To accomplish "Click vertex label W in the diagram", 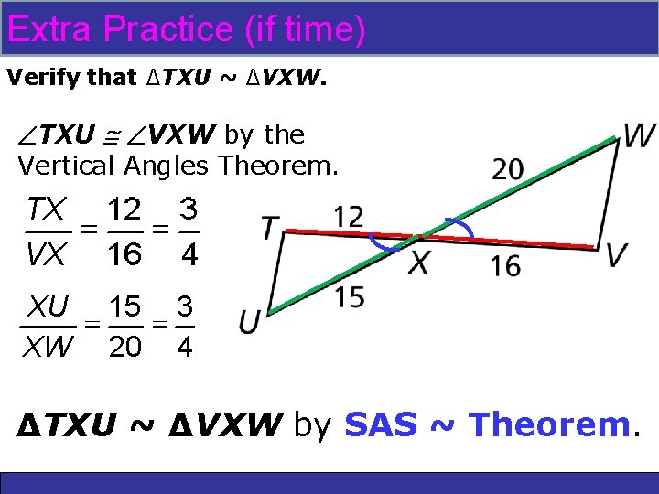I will pos(639,136).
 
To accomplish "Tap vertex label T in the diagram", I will pos(270,227).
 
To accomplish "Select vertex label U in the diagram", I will pos(249,321).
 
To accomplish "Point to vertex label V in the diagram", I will pos(618,255).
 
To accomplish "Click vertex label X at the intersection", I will pos(418,263).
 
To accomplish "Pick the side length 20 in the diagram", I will pos(508,169).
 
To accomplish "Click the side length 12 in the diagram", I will pos(348,217).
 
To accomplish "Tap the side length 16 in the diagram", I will pos(505,266).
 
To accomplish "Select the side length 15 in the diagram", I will pos(349,296).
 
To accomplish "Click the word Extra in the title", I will pos(49,29).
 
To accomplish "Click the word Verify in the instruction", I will pos(35,78).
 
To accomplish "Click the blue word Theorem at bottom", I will pos(548,424).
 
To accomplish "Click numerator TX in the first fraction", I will pos(46,209).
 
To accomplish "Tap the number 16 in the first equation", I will pos(124,253).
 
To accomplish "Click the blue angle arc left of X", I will pos(384,244).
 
